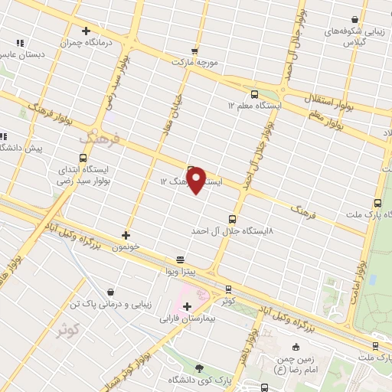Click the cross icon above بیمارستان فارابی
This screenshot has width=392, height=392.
tap(187, 306)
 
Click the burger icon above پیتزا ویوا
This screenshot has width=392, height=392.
tap(180, 259)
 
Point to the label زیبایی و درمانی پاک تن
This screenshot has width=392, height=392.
tap(112, 304)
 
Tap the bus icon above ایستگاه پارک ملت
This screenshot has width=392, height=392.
tap(377, 203)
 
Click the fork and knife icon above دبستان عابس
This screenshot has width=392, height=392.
tap(19, 43)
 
